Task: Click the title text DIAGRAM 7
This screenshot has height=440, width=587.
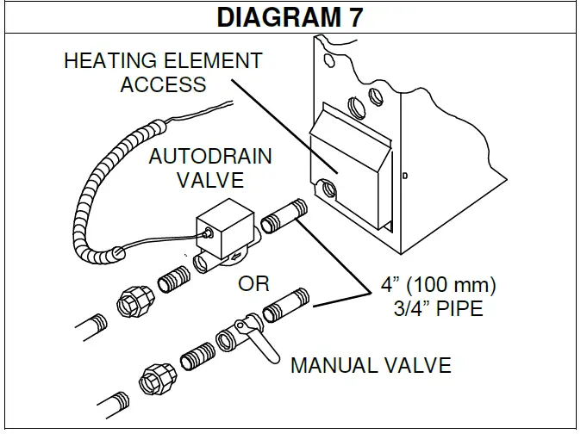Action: click(292, 16)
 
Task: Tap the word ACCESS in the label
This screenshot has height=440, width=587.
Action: click(163, 84)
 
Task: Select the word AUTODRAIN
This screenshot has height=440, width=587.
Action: click(210, 157)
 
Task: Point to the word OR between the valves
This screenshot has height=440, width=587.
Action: click(254, 283)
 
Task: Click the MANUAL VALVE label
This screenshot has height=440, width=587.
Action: click(371, 365)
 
